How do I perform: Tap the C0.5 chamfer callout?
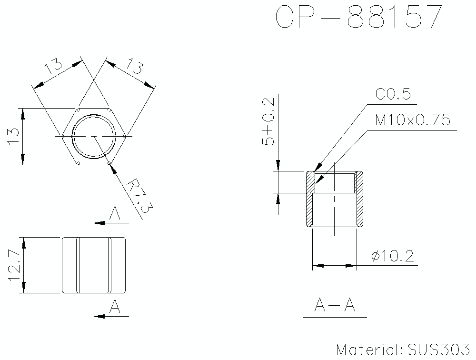393,94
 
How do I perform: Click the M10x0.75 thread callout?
412,120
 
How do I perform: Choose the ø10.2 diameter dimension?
392,257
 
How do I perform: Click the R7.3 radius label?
139,195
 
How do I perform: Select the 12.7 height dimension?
14,265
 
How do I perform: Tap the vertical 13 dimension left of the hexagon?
13,136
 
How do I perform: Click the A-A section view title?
335,305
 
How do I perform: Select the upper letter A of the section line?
115,214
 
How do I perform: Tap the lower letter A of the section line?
115,307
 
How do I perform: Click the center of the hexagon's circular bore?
94,136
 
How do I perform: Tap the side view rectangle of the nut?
94,265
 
